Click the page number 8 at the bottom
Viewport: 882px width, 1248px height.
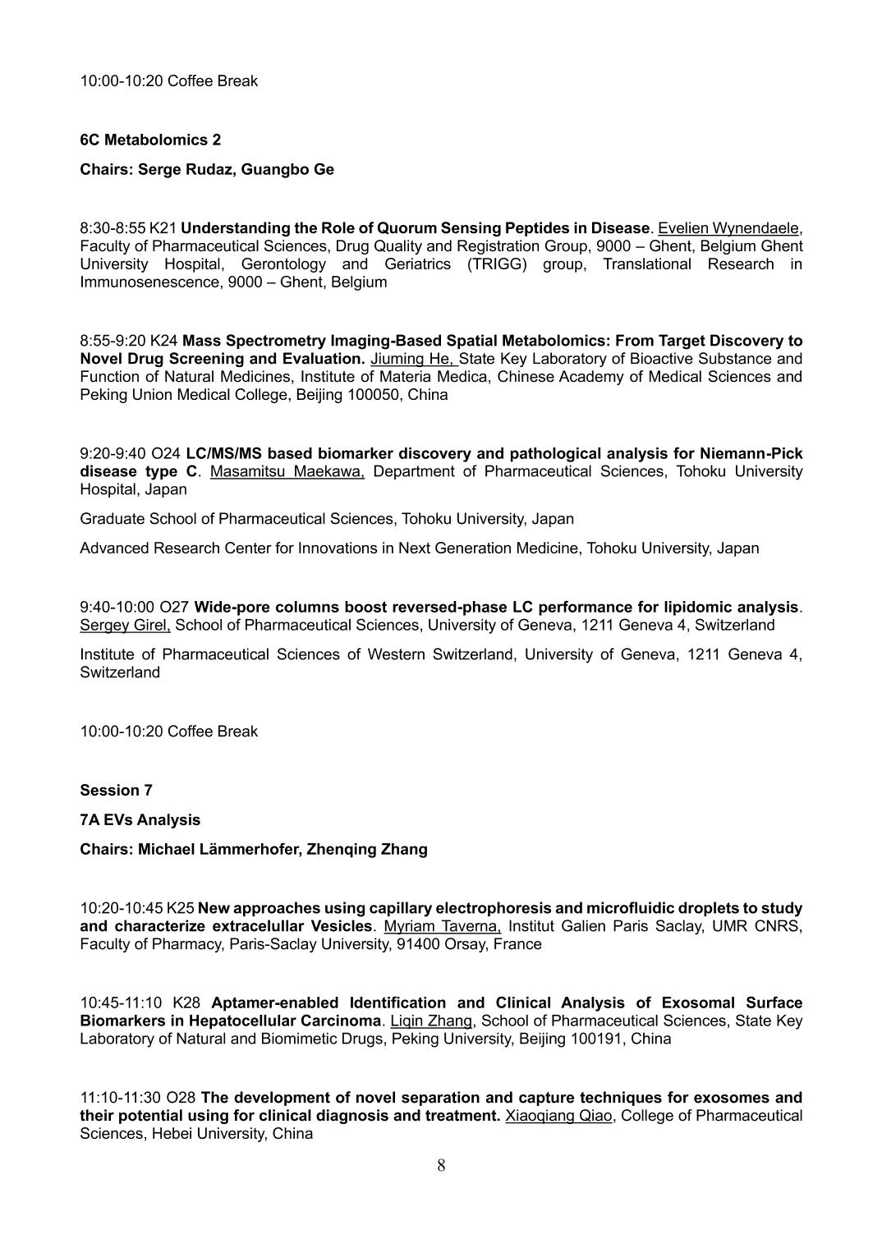[441, 1165]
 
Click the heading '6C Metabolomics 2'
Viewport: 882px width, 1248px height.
[150, 140]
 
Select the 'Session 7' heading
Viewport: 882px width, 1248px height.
[116, 790]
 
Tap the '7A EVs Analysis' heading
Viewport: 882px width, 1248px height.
[140, 819]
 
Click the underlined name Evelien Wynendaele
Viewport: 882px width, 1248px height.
[728, 228]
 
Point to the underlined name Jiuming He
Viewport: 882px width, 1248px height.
[413, 359]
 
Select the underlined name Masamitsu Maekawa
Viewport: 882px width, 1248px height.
[287, 471]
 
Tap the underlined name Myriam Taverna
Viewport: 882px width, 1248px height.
[442, 926]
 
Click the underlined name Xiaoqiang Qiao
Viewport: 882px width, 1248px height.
[558, 1116]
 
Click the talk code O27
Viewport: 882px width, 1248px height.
[174, 608]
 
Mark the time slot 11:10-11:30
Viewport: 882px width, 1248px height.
[121, 1098]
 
